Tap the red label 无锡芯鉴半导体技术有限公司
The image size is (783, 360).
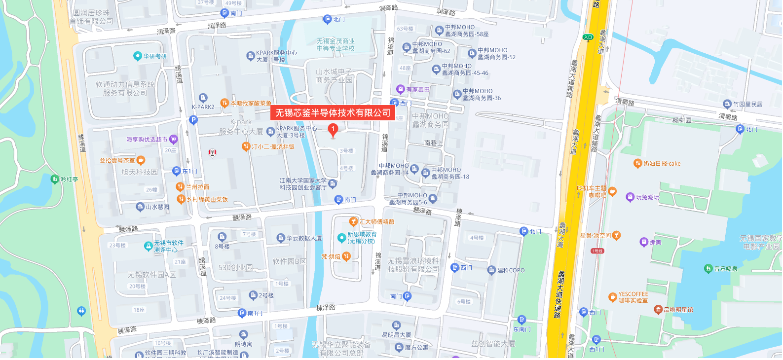pyautogui.click(x=333, y=113)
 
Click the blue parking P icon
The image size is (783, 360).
pyautogui.click(x=193, y=120)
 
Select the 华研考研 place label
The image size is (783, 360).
pyautogui.click(x=155, y=56)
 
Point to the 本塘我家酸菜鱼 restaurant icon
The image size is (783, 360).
pyautogui.click(x=224, y=103)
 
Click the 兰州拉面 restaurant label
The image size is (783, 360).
pyautogui.click(x=197, y=187)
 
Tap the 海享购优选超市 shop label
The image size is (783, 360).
pyautogui.click(x=147, y=140)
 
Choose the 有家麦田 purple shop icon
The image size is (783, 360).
pyautogui.click(x=401, y=89)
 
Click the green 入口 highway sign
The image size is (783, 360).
pyautogui.click(x=588, y=37)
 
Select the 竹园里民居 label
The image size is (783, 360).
pyautogui.click(x=747, y=104)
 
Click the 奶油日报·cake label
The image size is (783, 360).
pyautogui.click(x=662, y=164)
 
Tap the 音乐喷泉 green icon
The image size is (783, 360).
pyautogui.click(x=708, y=269)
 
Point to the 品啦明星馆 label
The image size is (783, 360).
pyautogui.click(x=678, y=310)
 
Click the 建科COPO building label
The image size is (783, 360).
pyautogui.click(x=511, y=270)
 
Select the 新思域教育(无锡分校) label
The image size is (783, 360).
pyautogui.click(x=362, y=238)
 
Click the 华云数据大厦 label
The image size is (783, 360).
pyautogui.click(x=304, y=238)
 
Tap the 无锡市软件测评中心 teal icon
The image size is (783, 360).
pyautogui.click(x=148, y=246)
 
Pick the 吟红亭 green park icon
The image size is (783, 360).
pyautogui.click(x=55, y=179)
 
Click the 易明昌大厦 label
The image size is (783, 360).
pyautogui.click(x=396, y=335)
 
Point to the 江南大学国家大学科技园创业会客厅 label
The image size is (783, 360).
pyautogui.click(x=303, y=184)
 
